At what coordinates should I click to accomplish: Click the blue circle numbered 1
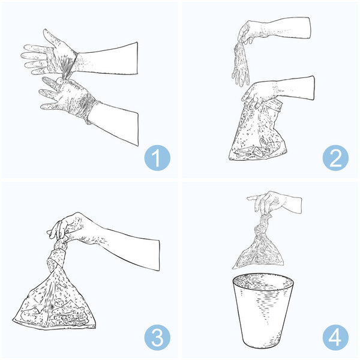157,158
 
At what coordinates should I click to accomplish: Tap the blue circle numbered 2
335,158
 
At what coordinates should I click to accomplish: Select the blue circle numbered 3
157,337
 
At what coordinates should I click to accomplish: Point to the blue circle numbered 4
335,337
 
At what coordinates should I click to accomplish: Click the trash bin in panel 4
263,311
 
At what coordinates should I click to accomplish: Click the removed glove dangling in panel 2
241,64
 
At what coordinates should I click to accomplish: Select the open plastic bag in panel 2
258,131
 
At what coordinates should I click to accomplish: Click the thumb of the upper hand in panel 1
52,38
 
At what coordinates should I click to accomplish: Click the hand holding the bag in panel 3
69,227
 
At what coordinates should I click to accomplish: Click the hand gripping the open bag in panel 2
258,95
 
